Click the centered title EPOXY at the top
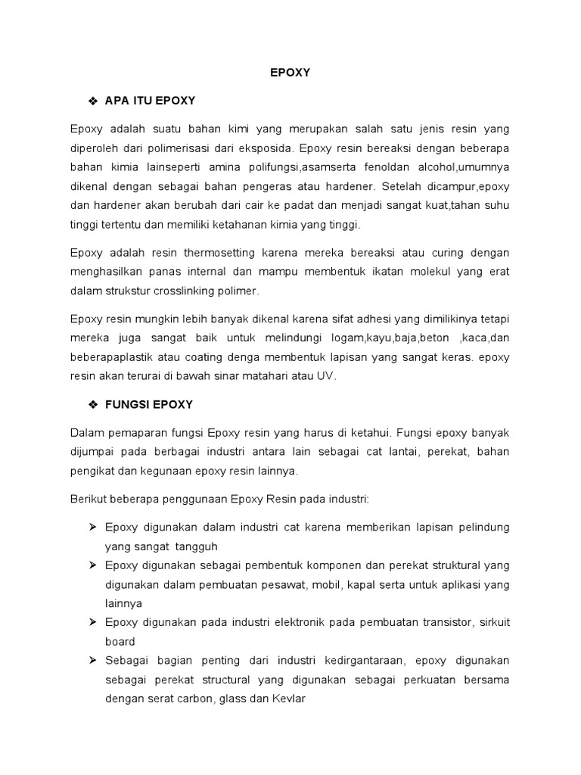pyautogui.click(x=290, y=73)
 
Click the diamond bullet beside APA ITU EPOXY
pyautogui.click(x=94, y=101)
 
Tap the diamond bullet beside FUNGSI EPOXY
pyautogui.click(x=94, y=405)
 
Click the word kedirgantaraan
pyautogui.click(x=362, y=661)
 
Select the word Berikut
pyautogui.click(x=89, y=499)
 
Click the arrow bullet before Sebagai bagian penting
pyautogui.click(x=94, y=661)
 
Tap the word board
pyautogui.click(x=120, y=641)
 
